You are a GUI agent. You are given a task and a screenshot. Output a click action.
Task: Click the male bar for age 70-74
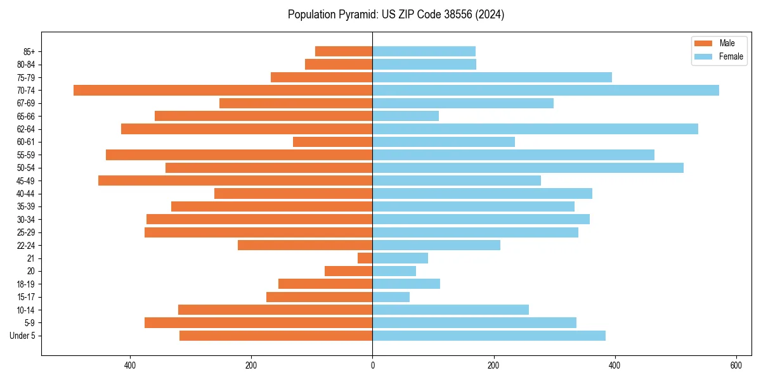[223, 90]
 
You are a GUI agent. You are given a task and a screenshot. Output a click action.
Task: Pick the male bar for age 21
[365, 258]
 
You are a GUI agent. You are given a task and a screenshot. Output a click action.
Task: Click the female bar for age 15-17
[391, 296]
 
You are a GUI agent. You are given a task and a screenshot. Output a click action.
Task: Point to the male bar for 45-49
[235, 180]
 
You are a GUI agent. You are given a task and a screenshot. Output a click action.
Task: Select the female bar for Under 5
[489, 335]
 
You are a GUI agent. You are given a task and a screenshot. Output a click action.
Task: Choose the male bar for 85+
[344, 51]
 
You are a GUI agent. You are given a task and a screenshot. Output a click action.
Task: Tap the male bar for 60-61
[333, 142]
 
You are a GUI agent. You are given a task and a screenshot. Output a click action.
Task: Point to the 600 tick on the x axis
[736, 365]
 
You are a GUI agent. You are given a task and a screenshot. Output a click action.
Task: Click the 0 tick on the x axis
[372, 365]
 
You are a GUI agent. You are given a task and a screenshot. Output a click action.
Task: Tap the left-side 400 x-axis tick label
[130, 365]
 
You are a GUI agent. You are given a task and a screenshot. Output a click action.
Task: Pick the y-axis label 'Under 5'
[22, 336]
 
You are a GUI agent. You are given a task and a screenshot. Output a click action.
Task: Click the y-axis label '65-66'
[25, 116]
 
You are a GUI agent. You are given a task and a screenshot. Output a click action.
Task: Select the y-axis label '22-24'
[25, 245]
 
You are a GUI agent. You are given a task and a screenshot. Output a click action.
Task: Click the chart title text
[396, 15]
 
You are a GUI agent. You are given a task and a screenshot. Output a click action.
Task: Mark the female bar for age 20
[394, 270]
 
